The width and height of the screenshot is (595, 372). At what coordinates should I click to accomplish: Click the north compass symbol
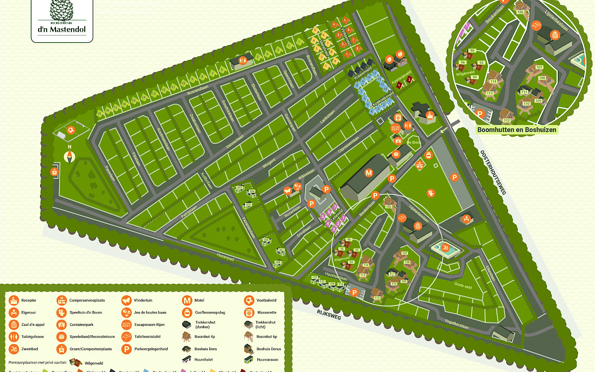tap(69, 157)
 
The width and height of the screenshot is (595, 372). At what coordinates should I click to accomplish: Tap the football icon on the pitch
tap(72, 130)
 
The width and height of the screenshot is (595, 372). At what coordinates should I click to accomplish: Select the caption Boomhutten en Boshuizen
tap(517, 130)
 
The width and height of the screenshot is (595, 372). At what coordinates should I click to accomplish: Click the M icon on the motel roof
tap(368, 173)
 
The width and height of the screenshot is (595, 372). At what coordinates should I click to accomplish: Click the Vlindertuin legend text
tap(144, 300)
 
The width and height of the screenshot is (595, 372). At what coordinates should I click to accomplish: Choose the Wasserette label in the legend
tap(267, 312)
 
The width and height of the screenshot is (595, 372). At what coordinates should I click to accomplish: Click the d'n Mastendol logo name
tap(62, 29)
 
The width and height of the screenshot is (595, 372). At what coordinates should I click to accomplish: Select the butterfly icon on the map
tap(287, 190)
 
